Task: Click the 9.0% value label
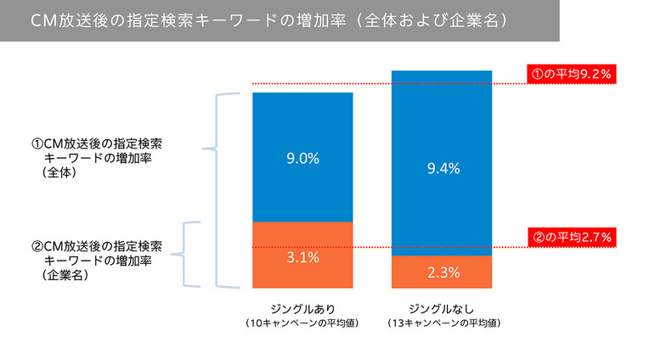click(302, 158)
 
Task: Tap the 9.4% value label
click(443, 169)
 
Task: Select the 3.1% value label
click(302, 257)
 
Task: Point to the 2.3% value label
click(443, 273)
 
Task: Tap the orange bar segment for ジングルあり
click(302, 238)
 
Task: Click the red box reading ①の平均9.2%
click(571, 74)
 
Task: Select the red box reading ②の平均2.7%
click(571, 237)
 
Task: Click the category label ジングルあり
click(302, 307)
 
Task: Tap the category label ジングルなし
click(442, 307)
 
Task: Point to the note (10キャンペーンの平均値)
click(302, 323)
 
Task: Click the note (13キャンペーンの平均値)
click(442, 323)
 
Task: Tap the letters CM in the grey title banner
click(41, 20)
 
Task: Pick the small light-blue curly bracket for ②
click(192, 253)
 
